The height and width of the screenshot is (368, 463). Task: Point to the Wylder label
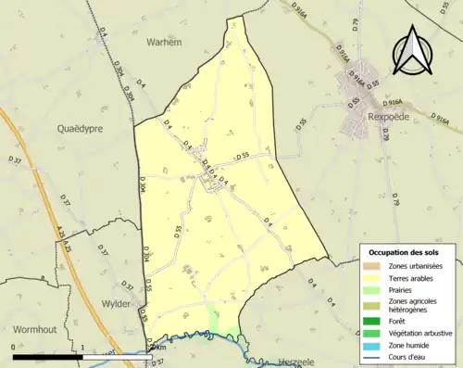click(117, 304)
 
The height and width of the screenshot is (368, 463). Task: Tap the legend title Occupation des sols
click(405, 252)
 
